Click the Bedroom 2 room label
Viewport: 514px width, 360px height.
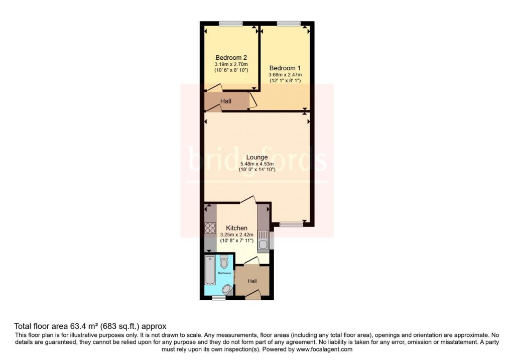tap(231, 57)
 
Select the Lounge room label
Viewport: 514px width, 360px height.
tap(256, 157)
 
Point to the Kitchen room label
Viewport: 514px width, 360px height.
tap(236, 228)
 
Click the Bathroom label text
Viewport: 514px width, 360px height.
tap(224, 273)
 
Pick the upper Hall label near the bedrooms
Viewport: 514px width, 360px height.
tap(226, 101)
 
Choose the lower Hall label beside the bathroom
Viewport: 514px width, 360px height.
tap(252, 281)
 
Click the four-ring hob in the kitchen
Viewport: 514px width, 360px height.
tap(210, 228)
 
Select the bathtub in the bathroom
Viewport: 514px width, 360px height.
tap(210, 270)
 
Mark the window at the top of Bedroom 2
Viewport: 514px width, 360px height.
tap(231, 23)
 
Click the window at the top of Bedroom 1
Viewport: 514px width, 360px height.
tap(289, 23)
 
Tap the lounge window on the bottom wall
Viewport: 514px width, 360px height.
tap(291, 224)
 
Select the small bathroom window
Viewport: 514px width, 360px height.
tap(218, 298)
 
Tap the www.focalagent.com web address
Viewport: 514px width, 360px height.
tap(324, 349)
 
